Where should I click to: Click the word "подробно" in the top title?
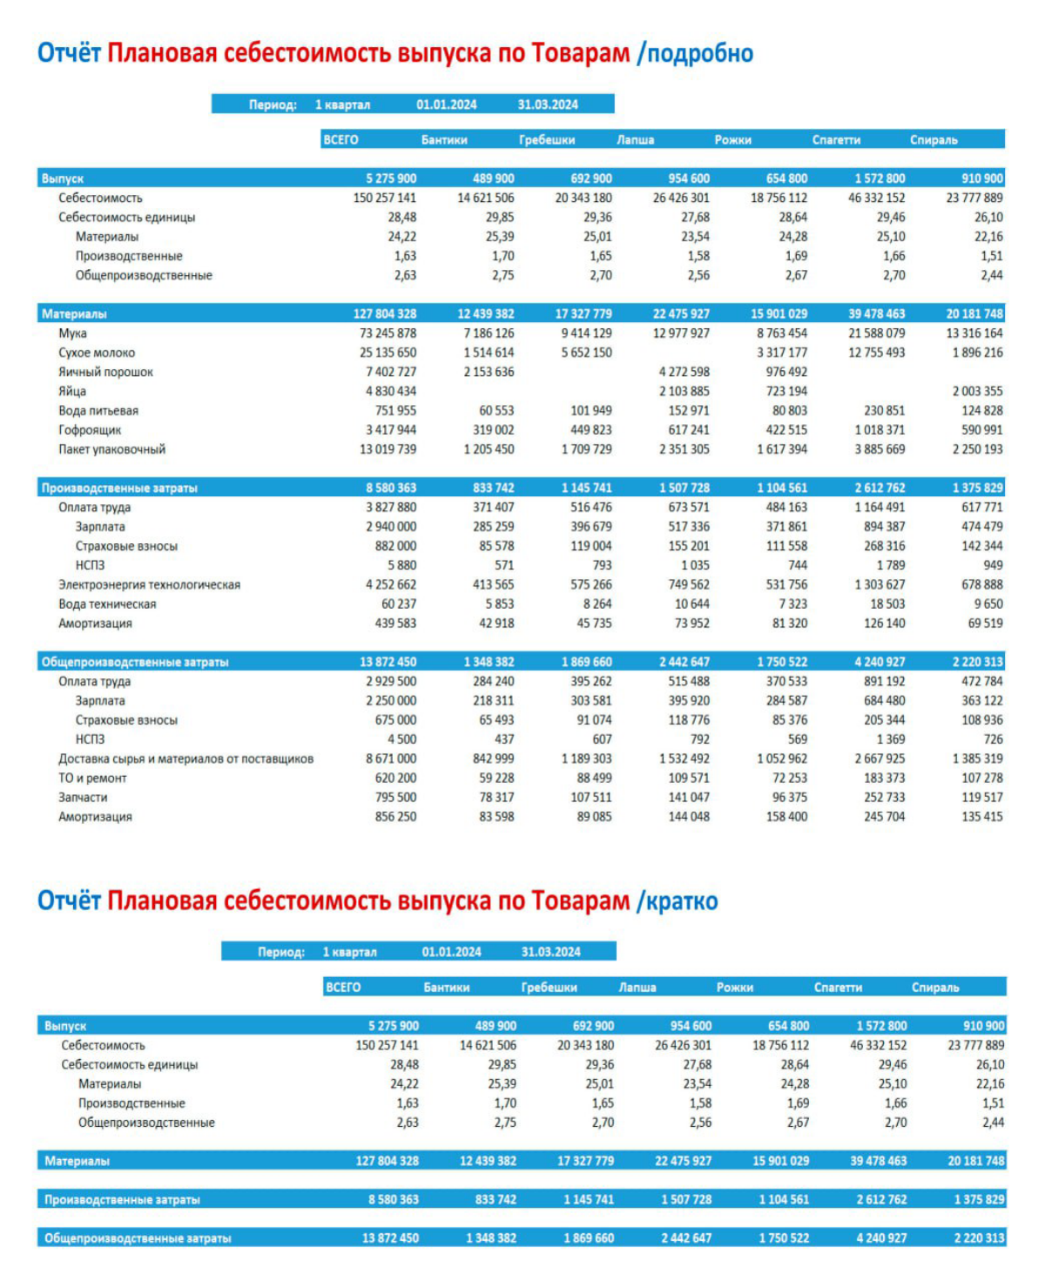tap(700, 54)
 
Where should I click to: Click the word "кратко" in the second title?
tap(682, 900)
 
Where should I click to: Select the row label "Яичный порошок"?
tap(105, 372)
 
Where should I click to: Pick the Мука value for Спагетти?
tap(876, 333)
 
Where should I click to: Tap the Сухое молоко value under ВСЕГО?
tap(388, 353)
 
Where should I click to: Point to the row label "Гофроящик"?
tap(90, 430)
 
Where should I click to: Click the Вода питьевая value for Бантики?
tap(496, 411)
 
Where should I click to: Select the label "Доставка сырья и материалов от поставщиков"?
tap(185, 758)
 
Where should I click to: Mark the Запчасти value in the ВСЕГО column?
tap(395, 798)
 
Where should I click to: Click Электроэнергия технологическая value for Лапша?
tap(689, 584)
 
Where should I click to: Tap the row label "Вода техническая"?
tap(107, 603)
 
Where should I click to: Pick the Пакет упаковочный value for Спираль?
tap(978, 449)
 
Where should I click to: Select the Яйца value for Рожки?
tap(786, 391)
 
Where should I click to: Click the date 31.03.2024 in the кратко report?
tap(550, 952)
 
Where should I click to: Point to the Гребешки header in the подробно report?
tap(547, 139)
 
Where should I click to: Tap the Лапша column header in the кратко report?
tap(637, 988)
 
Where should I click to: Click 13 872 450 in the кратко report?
tap(390, 1237)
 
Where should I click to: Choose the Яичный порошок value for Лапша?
tap(684, 372)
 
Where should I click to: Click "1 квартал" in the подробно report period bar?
tap(342, 105)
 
